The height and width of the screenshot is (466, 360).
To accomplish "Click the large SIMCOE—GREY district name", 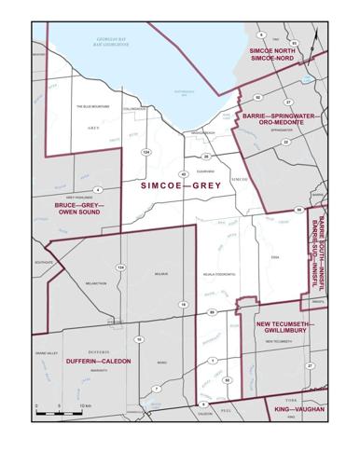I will pyautogui.click(x=182, y=185).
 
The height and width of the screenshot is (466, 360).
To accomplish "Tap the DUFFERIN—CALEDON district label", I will pyautogui.click(x=99, y=360).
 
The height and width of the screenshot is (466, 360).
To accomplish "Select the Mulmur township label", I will pyautogui.click(x=159, y=274).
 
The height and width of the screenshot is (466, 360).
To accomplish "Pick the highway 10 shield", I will pyautogui.click(x=139, y=339).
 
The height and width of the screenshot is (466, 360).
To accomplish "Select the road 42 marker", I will pyautogui.click(x=184, y=174).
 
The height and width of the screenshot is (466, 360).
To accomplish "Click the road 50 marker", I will pyautogui.click(x=227, y=379).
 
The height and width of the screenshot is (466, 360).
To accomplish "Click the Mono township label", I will pyautogui.click(x=161, y=361).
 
